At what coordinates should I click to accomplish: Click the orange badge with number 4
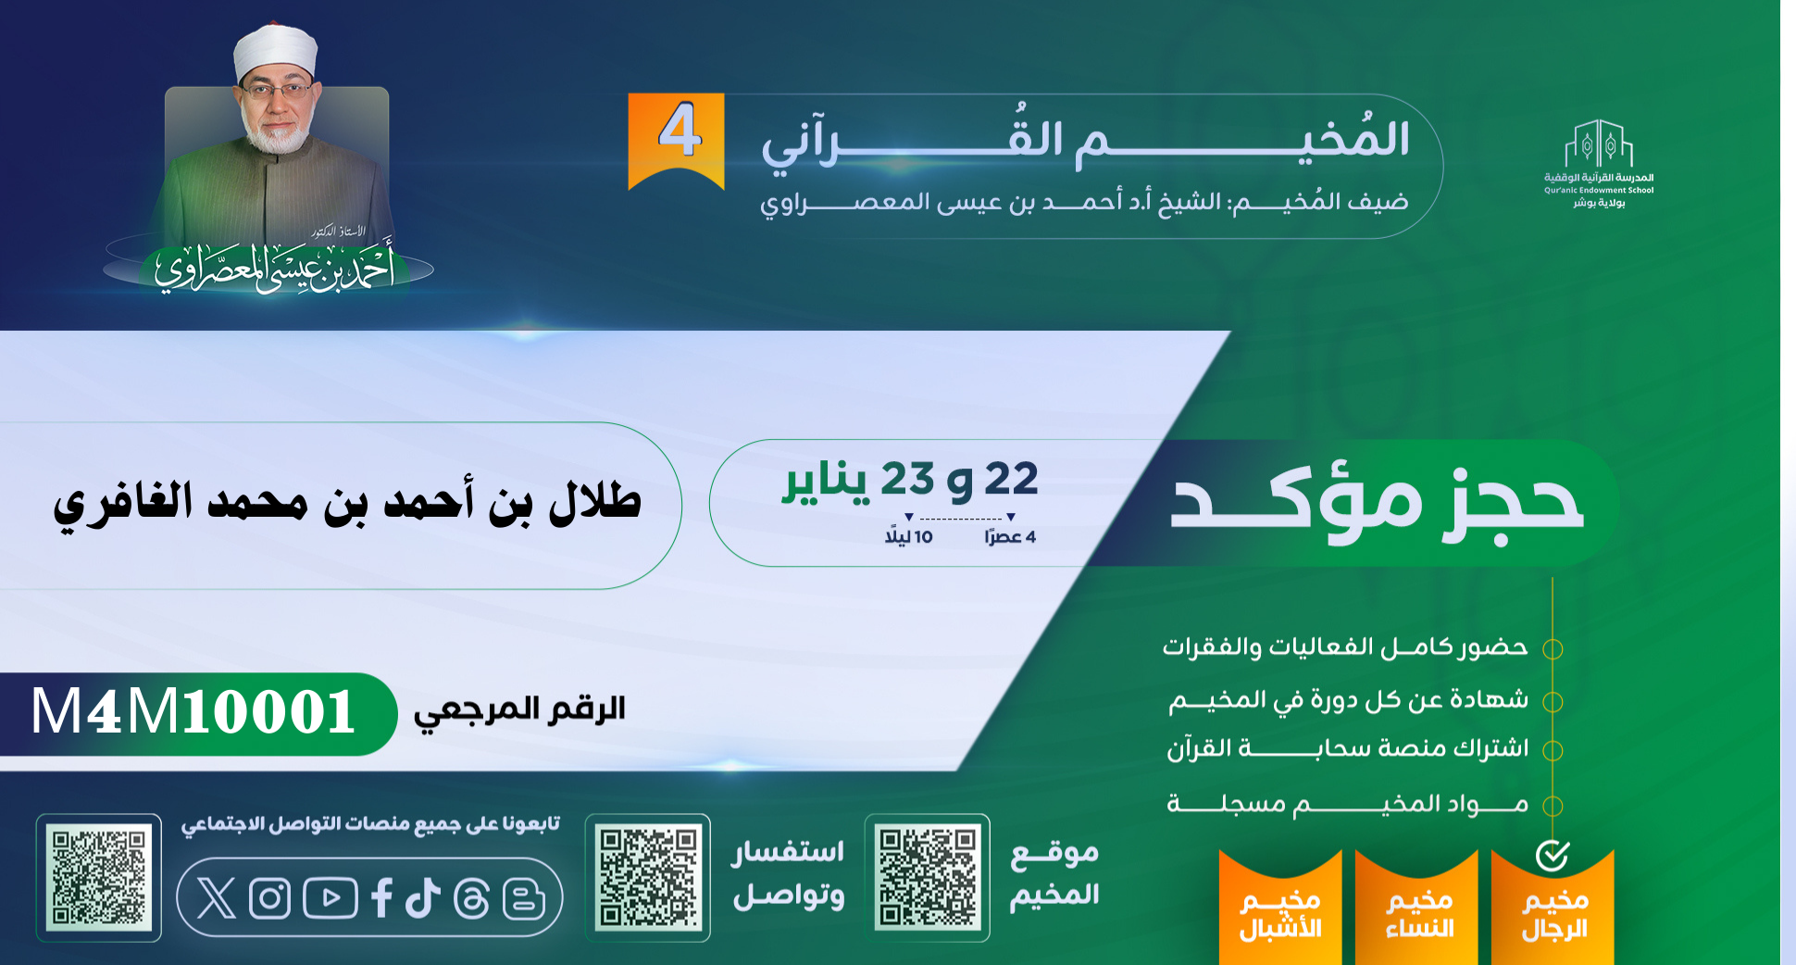pos(677,140)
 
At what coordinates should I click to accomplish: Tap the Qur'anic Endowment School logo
pos(1599,163)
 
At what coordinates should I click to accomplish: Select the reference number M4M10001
pos(193,712)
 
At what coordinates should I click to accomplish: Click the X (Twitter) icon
pos(217,898)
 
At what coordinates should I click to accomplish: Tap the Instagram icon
pos(270,898)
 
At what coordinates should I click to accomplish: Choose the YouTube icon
pos(330,898)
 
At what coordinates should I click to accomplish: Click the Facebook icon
pos(381,898)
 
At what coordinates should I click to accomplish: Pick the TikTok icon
pos(422,898)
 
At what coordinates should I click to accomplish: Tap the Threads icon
pos(471,898)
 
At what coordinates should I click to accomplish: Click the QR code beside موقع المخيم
pos(928,878)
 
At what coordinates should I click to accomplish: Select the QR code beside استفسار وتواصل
pos(648,878)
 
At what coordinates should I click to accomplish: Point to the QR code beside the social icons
pos(99,878)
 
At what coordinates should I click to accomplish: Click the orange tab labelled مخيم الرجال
pos(1553,908)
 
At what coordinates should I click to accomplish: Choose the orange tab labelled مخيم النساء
pos(1416,908)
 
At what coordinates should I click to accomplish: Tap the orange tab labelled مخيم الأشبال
pos(1280,908)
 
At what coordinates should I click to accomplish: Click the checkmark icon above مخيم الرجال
pos(1553,856)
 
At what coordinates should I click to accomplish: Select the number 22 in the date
pos(1011,480)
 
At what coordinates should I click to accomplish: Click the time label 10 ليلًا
pos(908,537)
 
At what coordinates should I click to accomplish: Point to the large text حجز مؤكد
pos(1377,505)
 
